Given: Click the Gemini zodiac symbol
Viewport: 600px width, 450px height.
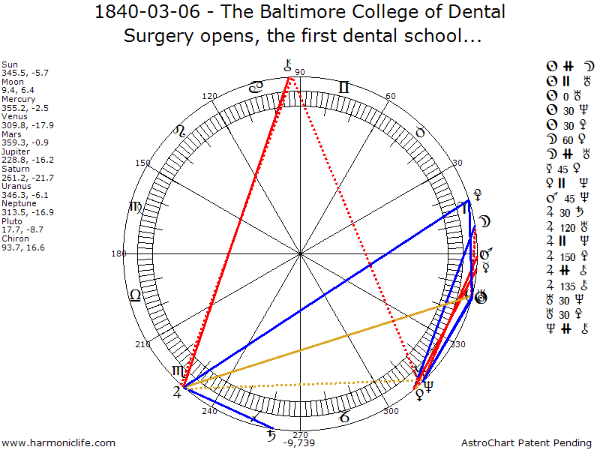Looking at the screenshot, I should pos(344,88).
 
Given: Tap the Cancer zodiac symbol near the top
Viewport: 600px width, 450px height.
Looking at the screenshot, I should pos(256,88).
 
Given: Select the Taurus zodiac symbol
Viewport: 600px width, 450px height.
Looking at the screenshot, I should pos(420,132).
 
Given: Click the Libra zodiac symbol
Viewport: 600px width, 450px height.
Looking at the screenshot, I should pos(136,295).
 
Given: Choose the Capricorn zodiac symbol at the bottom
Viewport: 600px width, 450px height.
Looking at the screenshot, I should pos(343,417).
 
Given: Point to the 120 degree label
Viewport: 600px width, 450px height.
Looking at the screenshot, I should pos(209,96).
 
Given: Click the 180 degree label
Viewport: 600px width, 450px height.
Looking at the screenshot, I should pos(118,253).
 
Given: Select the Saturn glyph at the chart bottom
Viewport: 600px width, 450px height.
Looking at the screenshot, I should pos(272,434).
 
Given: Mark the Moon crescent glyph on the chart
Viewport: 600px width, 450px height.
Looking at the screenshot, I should pos(485,222).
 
